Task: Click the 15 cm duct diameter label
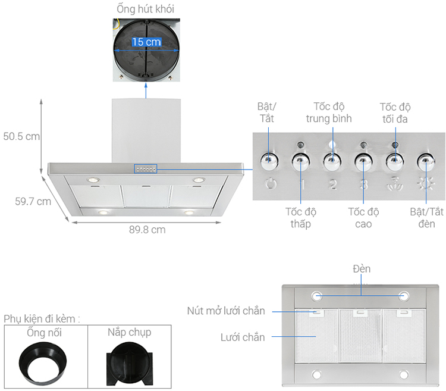(146, 42)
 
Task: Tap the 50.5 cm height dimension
(21, 136)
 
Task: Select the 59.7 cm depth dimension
(33, 202)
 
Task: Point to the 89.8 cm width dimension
(147, 230)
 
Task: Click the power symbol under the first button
(271, 183)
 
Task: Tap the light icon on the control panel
(426, 183)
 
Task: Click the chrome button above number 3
(363, 162)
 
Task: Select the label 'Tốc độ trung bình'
(329, 112)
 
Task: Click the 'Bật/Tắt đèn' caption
(426, 218)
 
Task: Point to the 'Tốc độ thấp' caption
(301, 218)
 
